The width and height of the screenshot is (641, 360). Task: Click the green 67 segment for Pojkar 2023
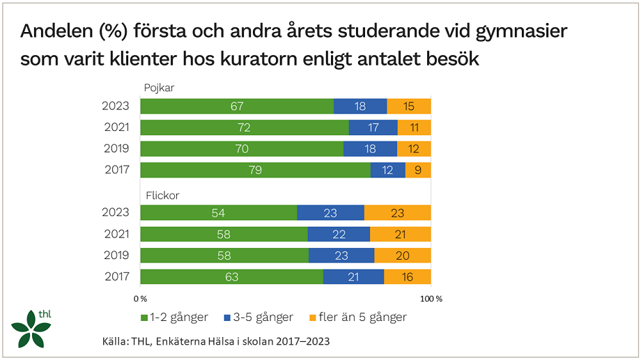tap(237, 107)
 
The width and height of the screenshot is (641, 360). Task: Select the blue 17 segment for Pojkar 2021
tap(373, 128)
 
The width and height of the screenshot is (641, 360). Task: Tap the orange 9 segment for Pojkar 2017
tap(418, 171)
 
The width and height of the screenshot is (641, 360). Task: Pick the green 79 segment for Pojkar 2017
tap(255, 171)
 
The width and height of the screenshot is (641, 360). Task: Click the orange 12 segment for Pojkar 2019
tap(414, 149)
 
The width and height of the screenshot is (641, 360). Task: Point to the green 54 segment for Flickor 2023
tap(219, 213)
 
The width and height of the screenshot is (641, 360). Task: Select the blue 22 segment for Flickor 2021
tap(339, 235)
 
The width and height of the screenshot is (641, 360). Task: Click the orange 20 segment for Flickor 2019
tap(403, 256)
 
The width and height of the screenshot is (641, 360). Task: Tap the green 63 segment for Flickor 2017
tap(231, 277)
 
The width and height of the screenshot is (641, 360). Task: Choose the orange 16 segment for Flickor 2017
tap(408, 277)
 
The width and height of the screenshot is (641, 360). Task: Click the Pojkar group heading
tap(160, 88)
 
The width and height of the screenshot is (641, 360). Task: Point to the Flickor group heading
tap(161, 196)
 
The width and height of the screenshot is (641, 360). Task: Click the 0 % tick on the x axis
tap(140, 299)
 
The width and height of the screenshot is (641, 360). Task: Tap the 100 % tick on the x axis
tap(430, 299)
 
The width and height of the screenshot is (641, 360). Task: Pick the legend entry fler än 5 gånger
tap(357, 317)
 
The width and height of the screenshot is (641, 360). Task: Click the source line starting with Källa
tap(215, 341)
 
